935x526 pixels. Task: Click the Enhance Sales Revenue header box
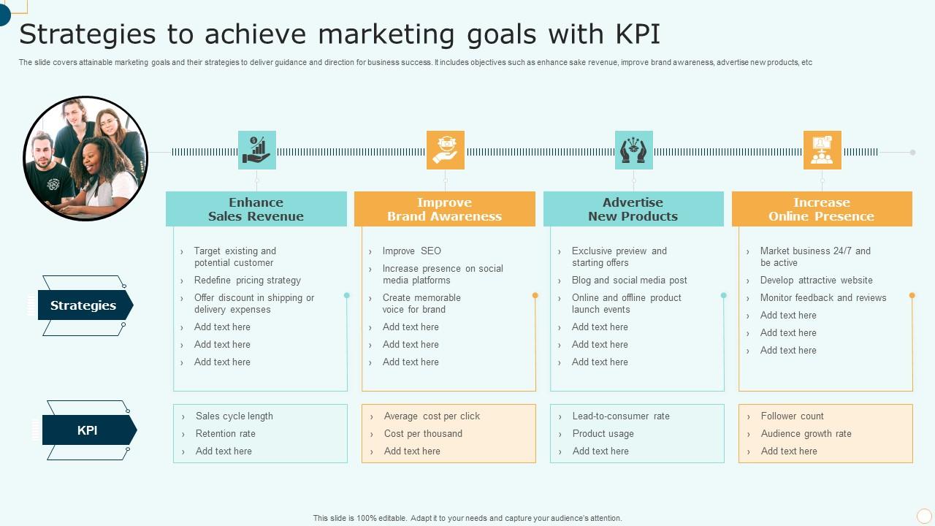[x=256, y=209]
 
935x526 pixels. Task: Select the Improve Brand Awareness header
[x=445, y=209]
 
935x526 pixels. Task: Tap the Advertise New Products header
[x=633, y=209]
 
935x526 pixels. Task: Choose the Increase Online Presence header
[x=822, y=209]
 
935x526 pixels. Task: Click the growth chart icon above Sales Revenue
[x=257, y=150]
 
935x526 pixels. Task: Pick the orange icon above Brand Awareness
[x=446, y=150]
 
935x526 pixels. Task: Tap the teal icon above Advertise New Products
[x=634, y=150]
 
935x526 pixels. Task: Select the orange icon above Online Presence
[x=823, y=150]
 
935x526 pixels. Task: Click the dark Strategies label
[x=84, y=305]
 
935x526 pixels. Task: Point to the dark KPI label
[x=88, y=430]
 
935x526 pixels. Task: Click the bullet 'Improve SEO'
[x=412, y=251]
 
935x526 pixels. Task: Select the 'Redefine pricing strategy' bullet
[x=248, y=280]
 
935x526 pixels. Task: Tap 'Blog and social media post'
[x=630, y=280]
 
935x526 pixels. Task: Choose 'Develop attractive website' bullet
[x=817, y=280]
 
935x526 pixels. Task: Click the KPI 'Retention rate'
[x=226, y=433]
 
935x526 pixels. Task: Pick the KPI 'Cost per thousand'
[x=423, y=433]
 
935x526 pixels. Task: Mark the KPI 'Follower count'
[x=793, y=416]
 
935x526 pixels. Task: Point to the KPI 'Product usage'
[x=603, y=433]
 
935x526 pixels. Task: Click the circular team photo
[x=85, y=159]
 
